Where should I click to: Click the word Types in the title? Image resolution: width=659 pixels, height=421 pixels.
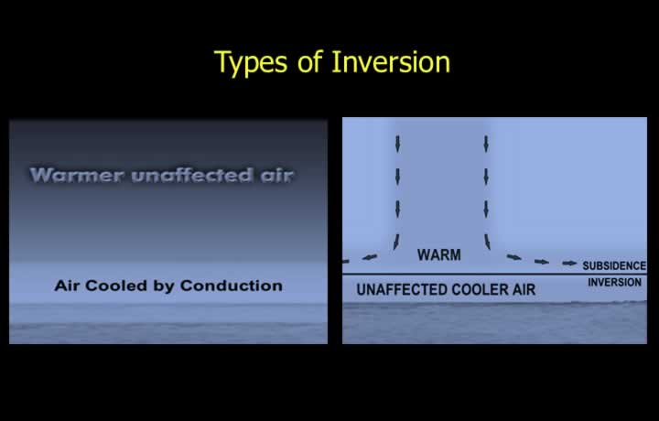point(251,62)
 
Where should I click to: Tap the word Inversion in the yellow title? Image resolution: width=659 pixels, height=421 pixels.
point(391,62)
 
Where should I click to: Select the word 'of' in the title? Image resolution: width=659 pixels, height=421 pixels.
point(309,62)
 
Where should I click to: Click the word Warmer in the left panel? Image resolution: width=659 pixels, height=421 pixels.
point(77,175)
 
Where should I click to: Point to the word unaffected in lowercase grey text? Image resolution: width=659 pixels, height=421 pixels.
point(192,175)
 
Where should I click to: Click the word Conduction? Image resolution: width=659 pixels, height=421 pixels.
point(232,286)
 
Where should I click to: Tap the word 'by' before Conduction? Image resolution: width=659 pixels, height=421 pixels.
point(164,286)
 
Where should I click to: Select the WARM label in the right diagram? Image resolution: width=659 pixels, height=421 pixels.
point(439,255)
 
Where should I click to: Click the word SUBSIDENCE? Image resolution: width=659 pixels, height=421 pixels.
point(614,265)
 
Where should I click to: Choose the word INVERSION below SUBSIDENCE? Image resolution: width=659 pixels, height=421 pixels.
point(614,282)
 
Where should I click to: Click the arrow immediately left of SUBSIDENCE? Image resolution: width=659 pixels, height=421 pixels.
point(569,264)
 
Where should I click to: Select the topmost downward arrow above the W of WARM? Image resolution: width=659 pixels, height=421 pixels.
point(397,144)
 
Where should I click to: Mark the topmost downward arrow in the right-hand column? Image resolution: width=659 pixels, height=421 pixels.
point(486,144)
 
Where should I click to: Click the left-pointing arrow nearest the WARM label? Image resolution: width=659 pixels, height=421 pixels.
point(370,256)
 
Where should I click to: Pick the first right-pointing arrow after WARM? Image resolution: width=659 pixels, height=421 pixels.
point(514,257)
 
